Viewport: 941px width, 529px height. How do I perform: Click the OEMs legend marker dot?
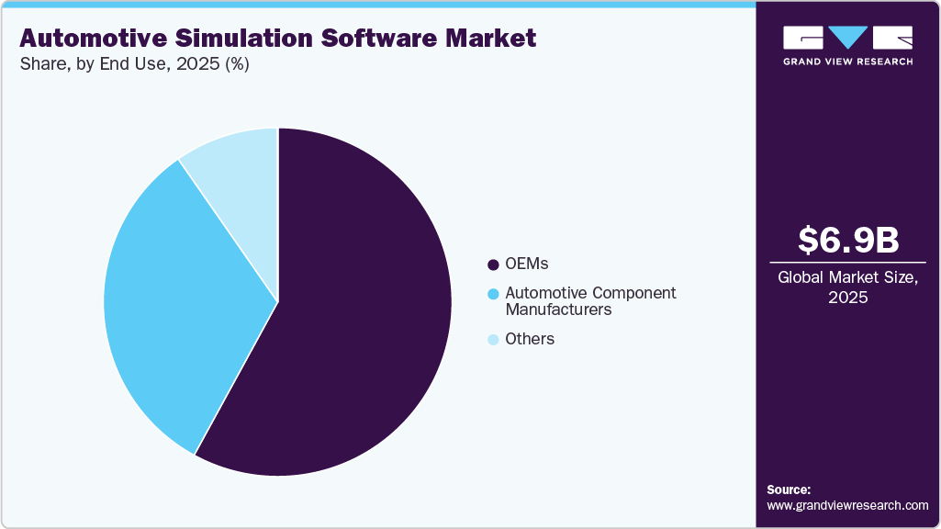point(493,264)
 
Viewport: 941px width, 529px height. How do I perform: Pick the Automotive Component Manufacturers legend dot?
point(493,294)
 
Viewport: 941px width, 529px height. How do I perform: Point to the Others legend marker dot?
point(493,339)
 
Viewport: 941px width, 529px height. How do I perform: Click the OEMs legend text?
point(526,264)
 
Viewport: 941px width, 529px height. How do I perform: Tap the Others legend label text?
point(530,339)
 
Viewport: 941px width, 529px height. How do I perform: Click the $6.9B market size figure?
point(847,240)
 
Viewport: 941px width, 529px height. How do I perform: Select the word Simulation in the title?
point(230,39)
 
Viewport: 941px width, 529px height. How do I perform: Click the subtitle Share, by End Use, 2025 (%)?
point(134,64)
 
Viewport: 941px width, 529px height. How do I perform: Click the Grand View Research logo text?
point(847,62)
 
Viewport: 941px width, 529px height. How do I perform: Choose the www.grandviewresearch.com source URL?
point(847,505)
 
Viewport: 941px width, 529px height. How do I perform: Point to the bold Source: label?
point(789,490)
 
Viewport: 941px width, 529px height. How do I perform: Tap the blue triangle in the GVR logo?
point(848,38)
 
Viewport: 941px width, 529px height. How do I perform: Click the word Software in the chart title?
point(362,39)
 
